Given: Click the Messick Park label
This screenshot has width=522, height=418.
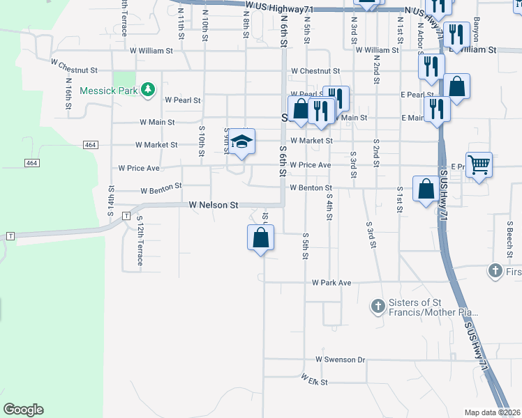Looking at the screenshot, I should pos(109,91).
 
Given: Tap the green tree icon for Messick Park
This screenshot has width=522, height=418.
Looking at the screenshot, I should pos(147,90).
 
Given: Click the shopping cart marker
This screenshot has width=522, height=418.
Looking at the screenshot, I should pos(479,165).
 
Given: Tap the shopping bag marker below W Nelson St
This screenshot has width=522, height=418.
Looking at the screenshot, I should pos(260,238).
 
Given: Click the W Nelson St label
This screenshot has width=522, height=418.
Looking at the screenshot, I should pos(214,206).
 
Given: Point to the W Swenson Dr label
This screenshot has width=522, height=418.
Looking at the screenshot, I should pos(340,359).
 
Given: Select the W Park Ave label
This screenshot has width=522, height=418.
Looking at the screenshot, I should pos(331,283).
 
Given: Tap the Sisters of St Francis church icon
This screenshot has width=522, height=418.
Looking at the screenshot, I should pos(378,305).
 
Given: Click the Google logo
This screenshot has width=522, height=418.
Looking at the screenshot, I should pos(23,410).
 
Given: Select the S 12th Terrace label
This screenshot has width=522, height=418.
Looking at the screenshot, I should pos(140,245).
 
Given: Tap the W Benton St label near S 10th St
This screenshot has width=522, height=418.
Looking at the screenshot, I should pos(161,188).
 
